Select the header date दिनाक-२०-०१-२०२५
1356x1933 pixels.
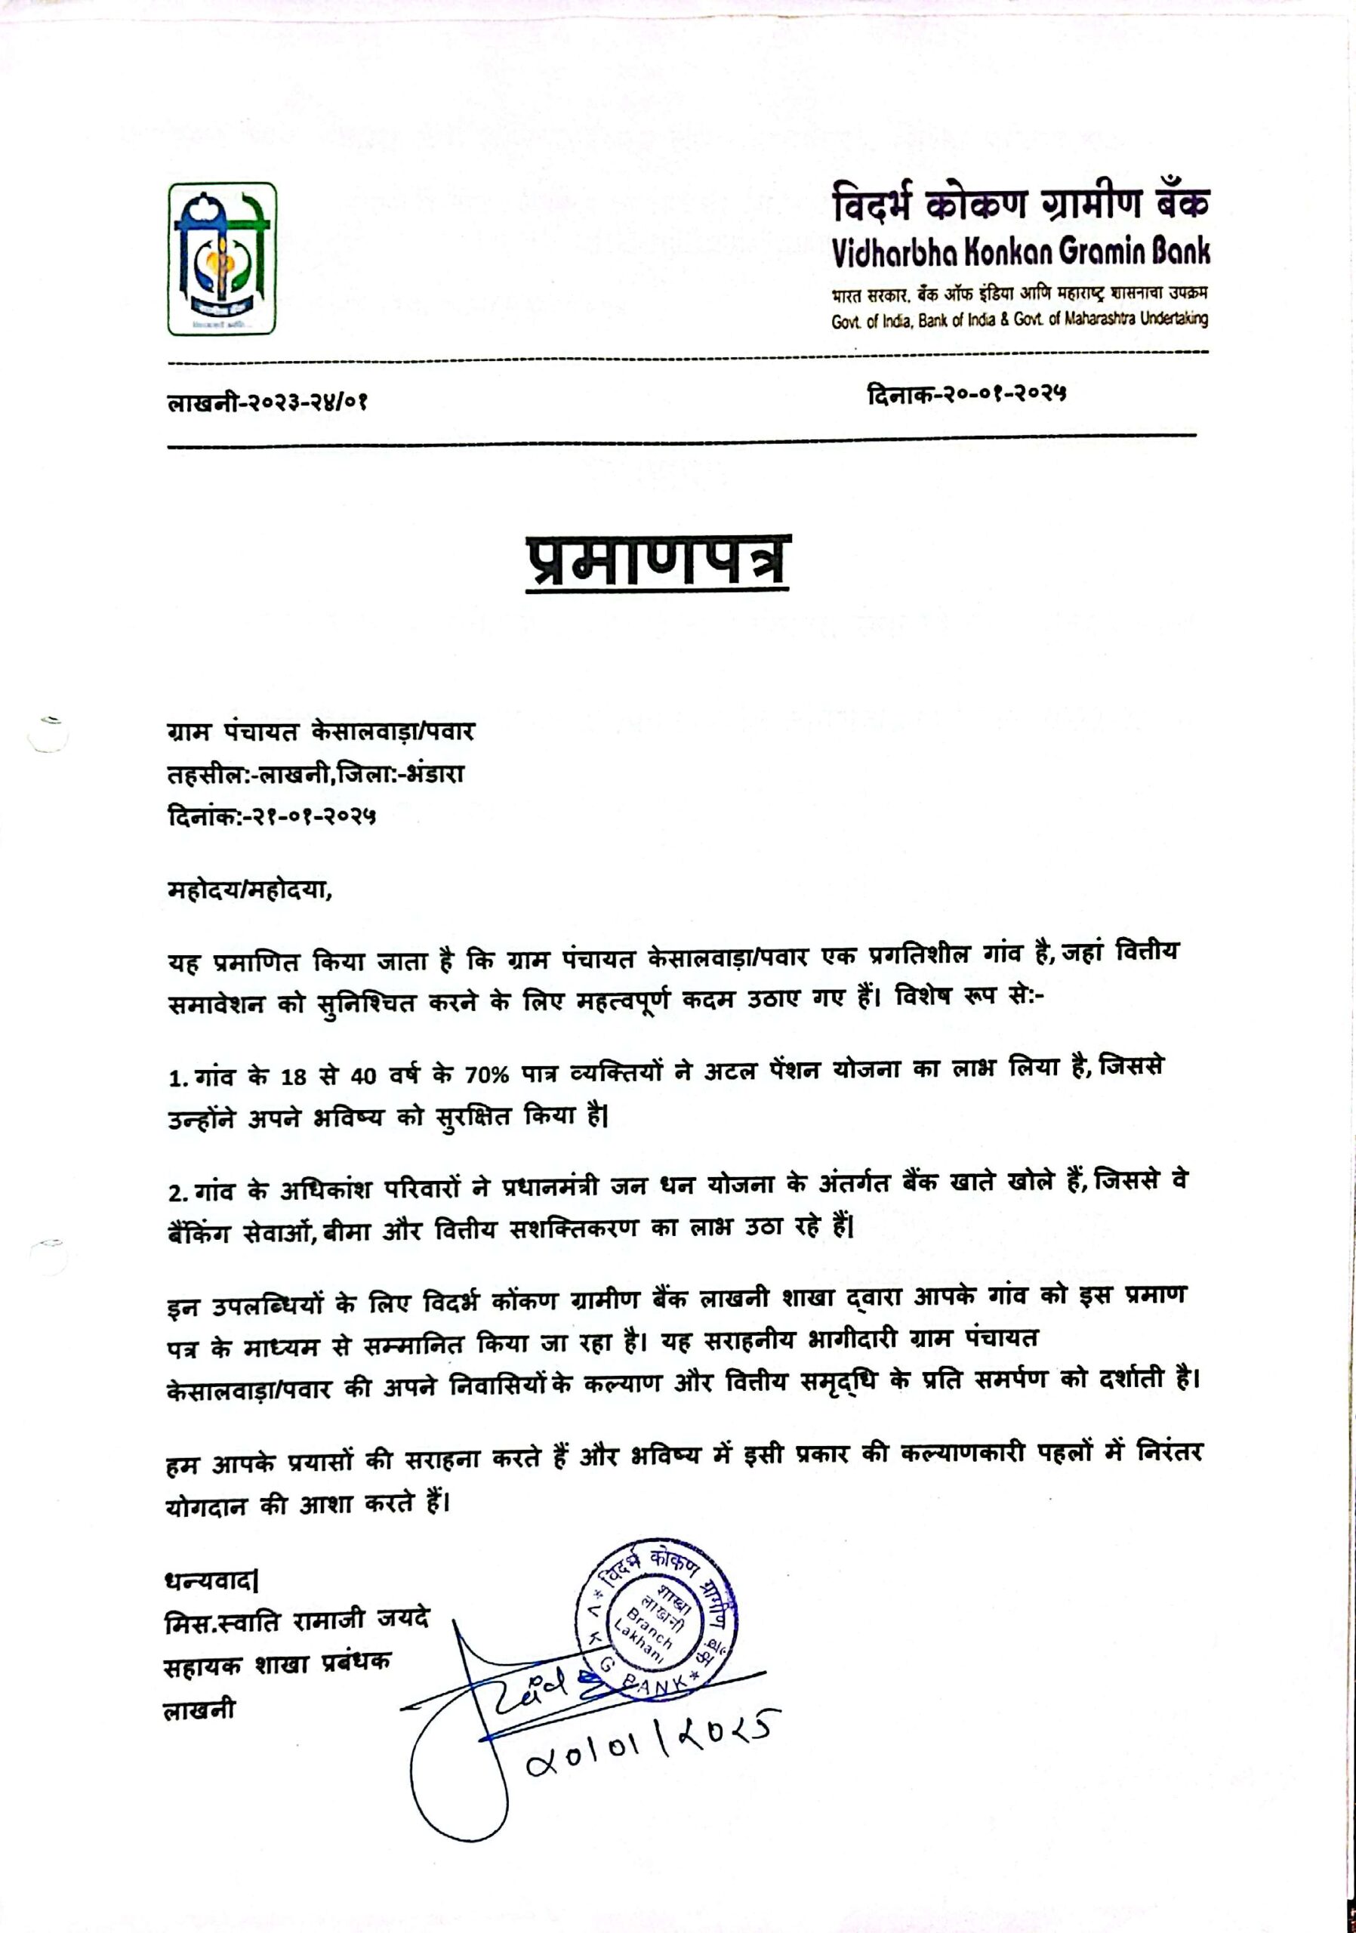point(966,391)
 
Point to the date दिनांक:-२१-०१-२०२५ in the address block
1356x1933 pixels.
point(272,815)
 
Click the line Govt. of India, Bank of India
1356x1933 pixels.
point(1019,320)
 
